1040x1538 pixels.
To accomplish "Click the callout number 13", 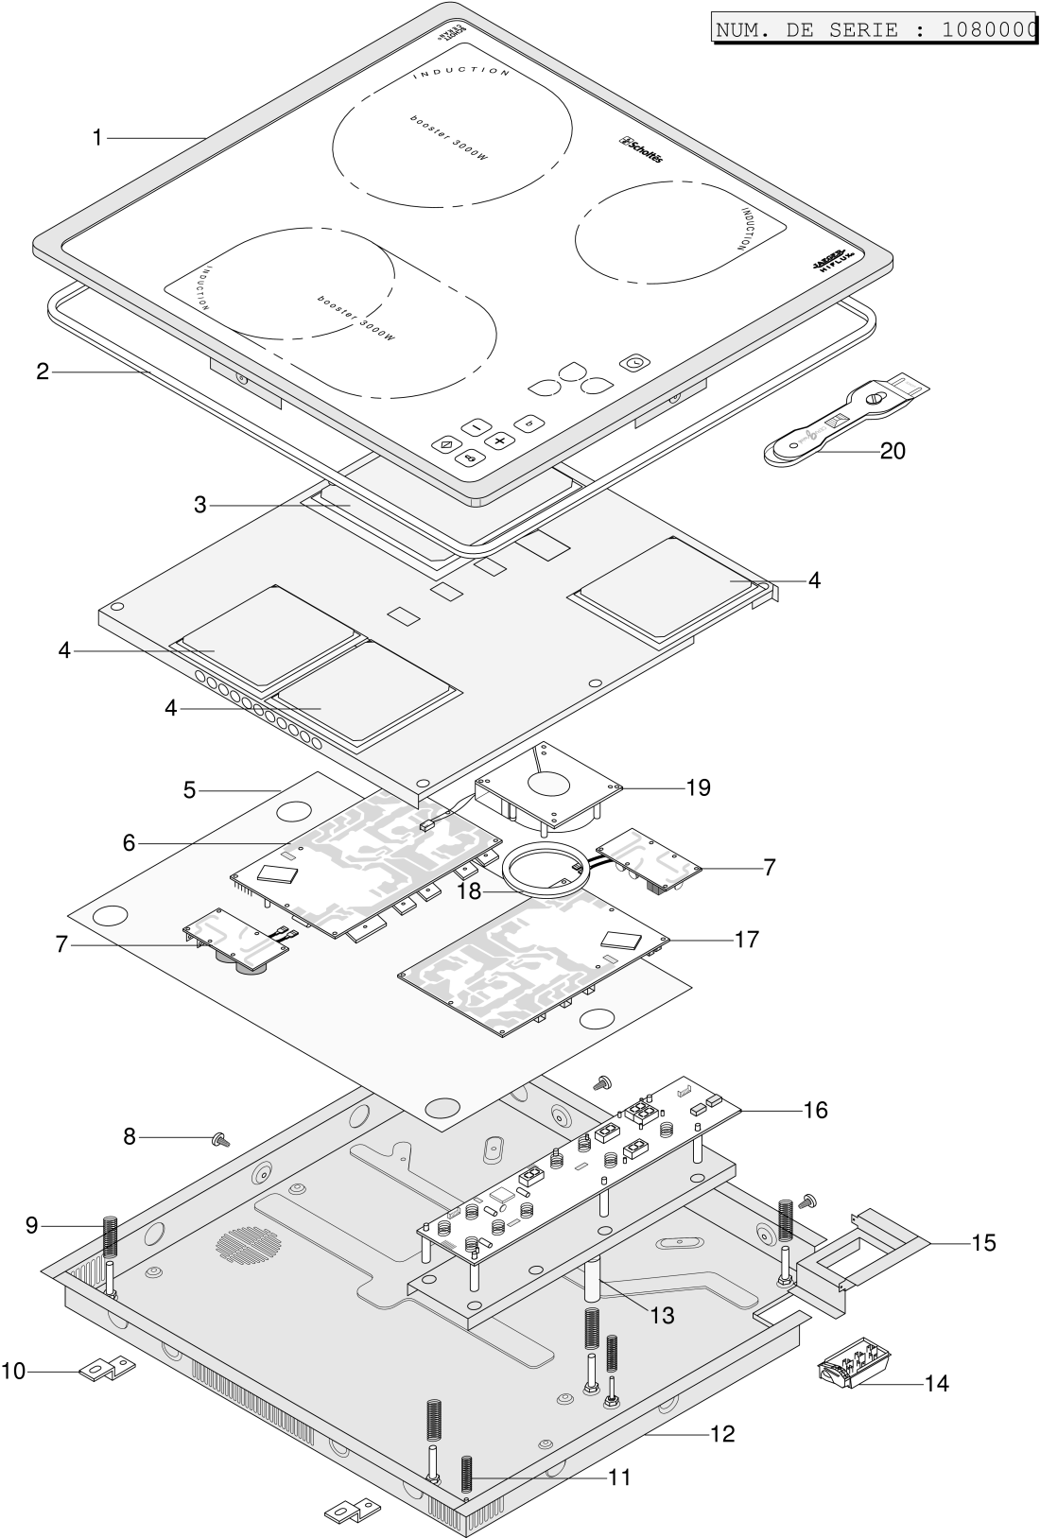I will point(662,1315).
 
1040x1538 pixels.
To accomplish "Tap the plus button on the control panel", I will point(500,440).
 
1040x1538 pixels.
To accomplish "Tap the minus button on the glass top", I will point(477,425).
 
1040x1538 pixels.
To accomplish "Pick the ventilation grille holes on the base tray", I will point(248,1244).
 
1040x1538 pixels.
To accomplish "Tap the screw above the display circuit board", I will point(601,1082).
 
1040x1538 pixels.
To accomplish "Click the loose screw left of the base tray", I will point(220,1140).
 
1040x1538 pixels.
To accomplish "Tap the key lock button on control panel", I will point(471,458).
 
